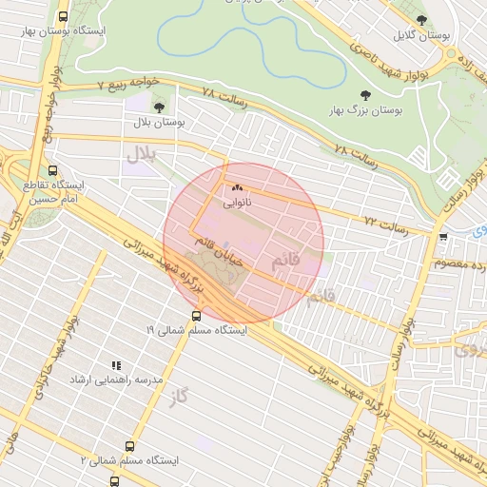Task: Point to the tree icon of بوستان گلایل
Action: click(421, 20)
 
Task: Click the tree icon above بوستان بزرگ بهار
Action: click(365, 95)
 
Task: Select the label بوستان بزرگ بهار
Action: click(365, 110)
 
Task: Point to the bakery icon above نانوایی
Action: click(237, 188)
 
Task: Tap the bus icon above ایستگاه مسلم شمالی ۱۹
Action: click(197, 316)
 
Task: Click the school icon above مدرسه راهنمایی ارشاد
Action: click(116, 364)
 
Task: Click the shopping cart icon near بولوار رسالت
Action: click(443, 237)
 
